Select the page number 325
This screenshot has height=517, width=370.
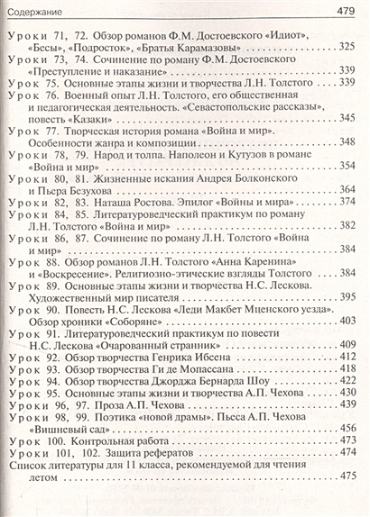(346, 47)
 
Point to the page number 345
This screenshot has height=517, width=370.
(346, 117)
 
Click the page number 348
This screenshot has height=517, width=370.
(346, 142)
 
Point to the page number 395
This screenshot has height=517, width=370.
(346, 295)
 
